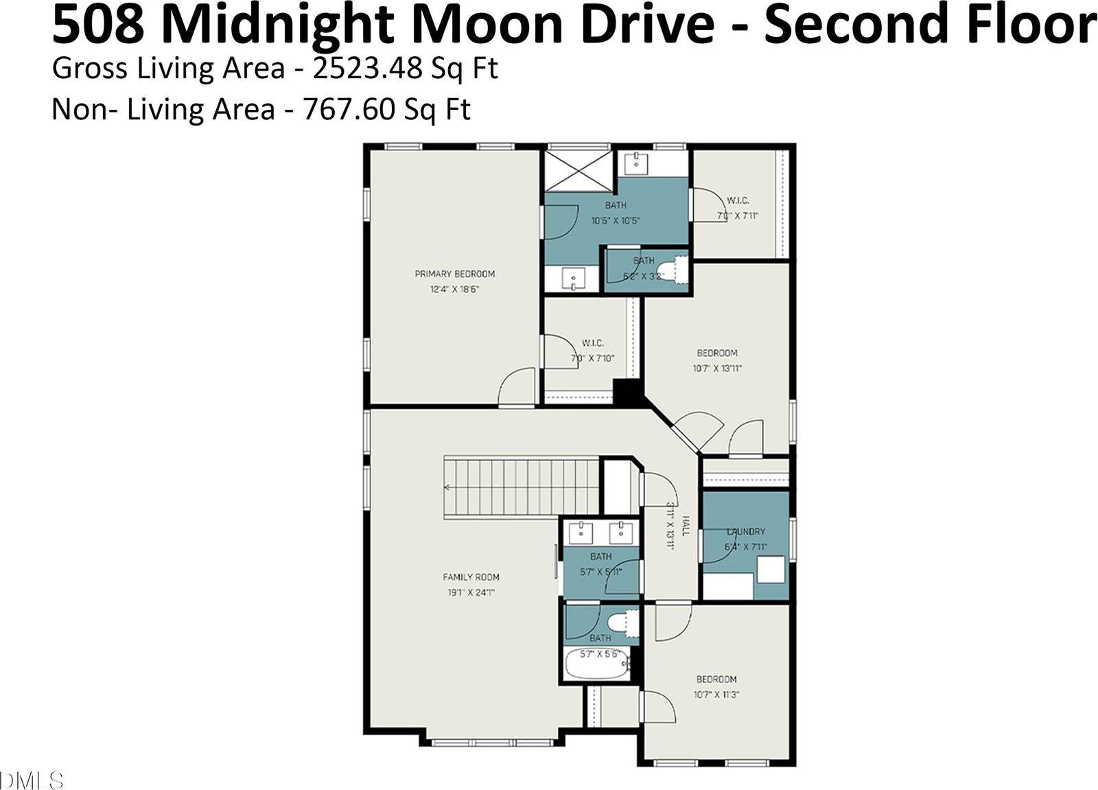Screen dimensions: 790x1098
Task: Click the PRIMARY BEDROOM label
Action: pos(454,274)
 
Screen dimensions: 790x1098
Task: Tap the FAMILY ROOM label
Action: pos(471,577)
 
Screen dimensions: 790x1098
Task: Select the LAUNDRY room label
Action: pos(746,531)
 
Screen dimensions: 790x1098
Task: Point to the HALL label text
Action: pos(685,527)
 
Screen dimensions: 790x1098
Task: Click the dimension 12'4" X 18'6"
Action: pos(454,290)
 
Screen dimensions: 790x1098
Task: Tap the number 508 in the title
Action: pos(97,25)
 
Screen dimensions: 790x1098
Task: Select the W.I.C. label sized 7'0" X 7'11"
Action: pos(738,200)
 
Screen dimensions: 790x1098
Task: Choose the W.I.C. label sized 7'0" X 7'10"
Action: pos(593,342)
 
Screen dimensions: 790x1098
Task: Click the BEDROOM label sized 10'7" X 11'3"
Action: pos(716,679)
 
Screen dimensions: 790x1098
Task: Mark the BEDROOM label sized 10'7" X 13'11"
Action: pos(717,353)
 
